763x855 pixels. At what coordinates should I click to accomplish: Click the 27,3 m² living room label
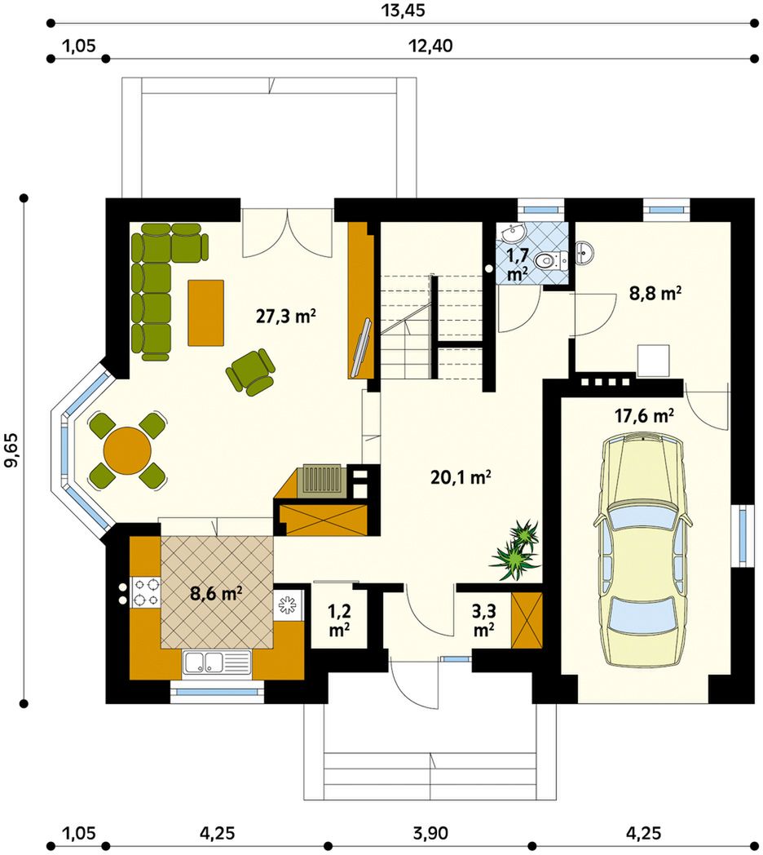click(x=286, y=316)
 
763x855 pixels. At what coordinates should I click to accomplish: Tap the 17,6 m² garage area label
click(x=644, y=416)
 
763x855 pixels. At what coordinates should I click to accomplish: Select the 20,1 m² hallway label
click(x=461, y=477)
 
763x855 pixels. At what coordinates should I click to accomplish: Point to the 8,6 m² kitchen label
click(x=216, y=593)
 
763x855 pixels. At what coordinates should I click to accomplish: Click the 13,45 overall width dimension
click(x=404, y=10)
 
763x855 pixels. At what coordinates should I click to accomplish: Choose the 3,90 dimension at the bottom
click(x=430, y=833)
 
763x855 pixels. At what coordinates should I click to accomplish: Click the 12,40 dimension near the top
click(x=430, y=46)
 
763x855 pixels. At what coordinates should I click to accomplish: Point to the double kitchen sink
click(x=217, y=662)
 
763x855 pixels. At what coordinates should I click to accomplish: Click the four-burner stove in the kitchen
click(x=147, y=593)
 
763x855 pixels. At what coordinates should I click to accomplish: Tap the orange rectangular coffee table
click(x=206, y=312)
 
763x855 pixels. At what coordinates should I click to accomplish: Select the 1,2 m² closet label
click(x=339, y=620)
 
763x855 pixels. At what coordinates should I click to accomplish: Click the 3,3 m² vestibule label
click(x=483, y=620)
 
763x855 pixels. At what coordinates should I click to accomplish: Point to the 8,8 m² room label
click(x=655, y=294)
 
